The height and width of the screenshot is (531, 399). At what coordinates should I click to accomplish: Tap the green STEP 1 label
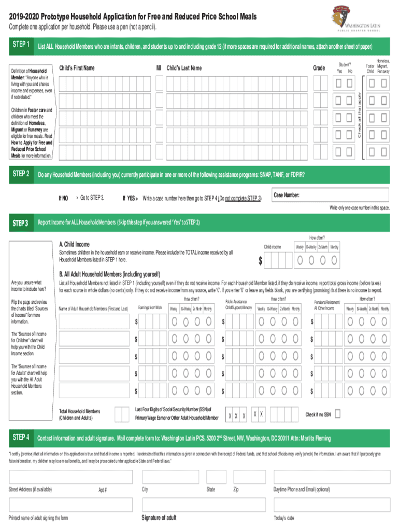(x=20, y=45)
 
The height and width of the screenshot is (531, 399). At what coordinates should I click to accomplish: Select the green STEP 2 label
(x=20, y=174)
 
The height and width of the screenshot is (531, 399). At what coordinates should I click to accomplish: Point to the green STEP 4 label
(x=20, y=437)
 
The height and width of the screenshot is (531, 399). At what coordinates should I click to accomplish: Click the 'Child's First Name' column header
(x=77, y=68)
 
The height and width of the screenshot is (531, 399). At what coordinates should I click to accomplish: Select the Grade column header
(x=319, y=68)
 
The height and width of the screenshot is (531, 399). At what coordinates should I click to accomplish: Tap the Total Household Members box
(x=122, y=414)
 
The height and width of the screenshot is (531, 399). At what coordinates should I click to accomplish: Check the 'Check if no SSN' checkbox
(x=337, y=414)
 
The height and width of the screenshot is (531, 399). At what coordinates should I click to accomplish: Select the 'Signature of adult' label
(x=159, y=518)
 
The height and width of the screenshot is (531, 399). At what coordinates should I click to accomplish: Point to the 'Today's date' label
(x=284, y=518)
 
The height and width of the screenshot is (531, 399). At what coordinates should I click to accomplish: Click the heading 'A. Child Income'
(x=74, y=244)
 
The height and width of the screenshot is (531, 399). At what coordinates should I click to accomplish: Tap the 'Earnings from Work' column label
(x=150, y=308)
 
